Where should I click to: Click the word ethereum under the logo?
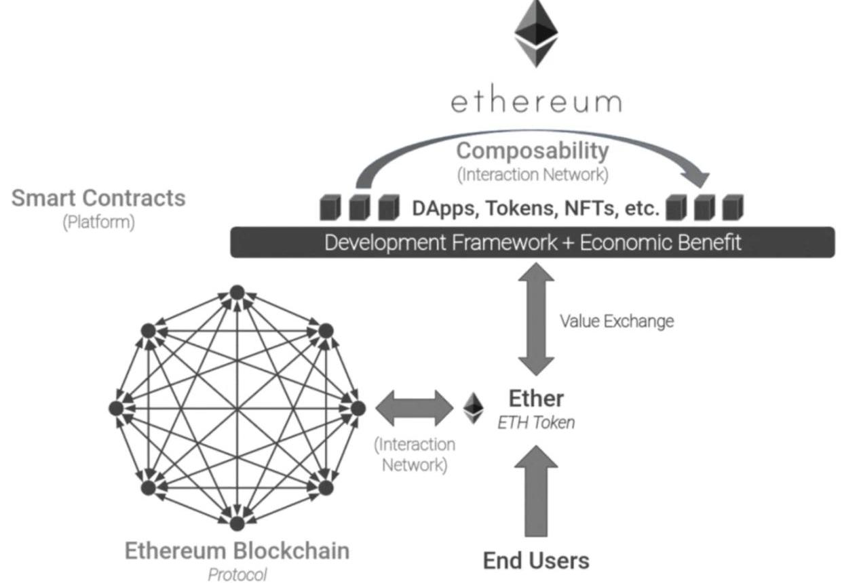536,102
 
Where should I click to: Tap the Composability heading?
532,150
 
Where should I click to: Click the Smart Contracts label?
98,198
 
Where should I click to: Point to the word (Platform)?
98,222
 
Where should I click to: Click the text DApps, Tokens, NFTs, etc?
535,208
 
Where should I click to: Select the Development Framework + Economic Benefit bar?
533,242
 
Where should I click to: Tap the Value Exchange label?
616,321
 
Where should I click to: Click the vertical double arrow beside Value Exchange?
536,318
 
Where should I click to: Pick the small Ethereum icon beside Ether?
474,408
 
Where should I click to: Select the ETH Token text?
536,423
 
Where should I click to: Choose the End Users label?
536,561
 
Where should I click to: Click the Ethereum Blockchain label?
237,550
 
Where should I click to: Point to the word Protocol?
237,575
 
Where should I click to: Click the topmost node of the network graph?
237,292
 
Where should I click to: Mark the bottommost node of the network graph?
237,523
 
